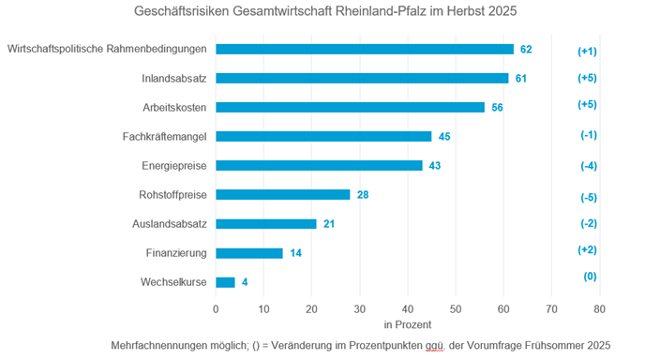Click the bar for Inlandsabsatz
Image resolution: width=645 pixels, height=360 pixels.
point(362,78)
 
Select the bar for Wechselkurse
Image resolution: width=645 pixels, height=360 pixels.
point(225,281)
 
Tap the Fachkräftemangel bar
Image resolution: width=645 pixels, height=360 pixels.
point(323,136)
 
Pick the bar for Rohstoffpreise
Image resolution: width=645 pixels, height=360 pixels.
point(282,194)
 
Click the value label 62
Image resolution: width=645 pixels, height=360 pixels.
point(526,49)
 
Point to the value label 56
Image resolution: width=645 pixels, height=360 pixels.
point(497,107)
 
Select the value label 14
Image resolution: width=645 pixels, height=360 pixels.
point(296,253)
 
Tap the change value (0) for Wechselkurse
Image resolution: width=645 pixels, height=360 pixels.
point(588,277)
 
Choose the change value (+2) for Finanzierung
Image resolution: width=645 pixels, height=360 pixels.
point(588,249)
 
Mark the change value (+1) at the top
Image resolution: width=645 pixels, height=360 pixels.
point(588,52)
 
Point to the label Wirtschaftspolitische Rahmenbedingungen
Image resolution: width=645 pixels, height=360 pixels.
point(106,49)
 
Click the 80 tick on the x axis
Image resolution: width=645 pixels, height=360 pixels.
point(599,307)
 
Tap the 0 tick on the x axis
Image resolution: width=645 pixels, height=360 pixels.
point(216,307)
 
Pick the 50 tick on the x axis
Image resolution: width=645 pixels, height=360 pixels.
point(456,307)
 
